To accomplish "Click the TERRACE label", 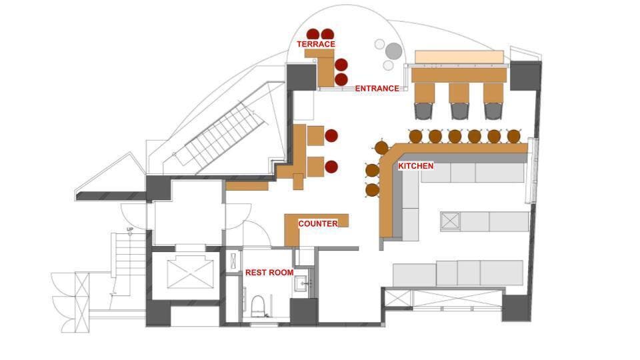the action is coord(316,44).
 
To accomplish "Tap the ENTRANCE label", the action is coord(377,88).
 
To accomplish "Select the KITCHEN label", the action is coord(415,166).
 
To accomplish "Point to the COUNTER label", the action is coord(318,224).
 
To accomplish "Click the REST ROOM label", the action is coord(269,272).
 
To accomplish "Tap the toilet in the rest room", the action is coord(257,306).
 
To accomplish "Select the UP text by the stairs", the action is coord(130,229).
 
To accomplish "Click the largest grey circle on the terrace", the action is coord(394,51).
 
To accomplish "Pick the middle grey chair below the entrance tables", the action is coord(459,111).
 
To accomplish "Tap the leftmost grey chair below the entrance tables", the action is coord(425,111).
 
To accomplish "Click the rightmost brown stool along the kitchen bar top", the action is coord(513,136).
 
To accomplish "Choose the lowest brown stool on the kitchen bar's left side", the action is coord(372,190).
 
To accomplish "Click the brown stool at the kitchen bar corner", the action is coord(381,147).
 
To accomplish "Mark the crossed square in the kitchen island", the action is coord(451,221).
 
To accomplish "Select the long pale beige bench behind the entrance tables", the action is coord(459,57).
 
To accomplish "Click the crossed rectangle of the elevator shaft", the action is coord(190,272).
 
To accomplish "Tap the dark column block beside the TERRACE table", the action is coord(301,76).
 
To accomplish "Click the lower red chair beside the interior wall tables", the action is coord(331,167).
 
